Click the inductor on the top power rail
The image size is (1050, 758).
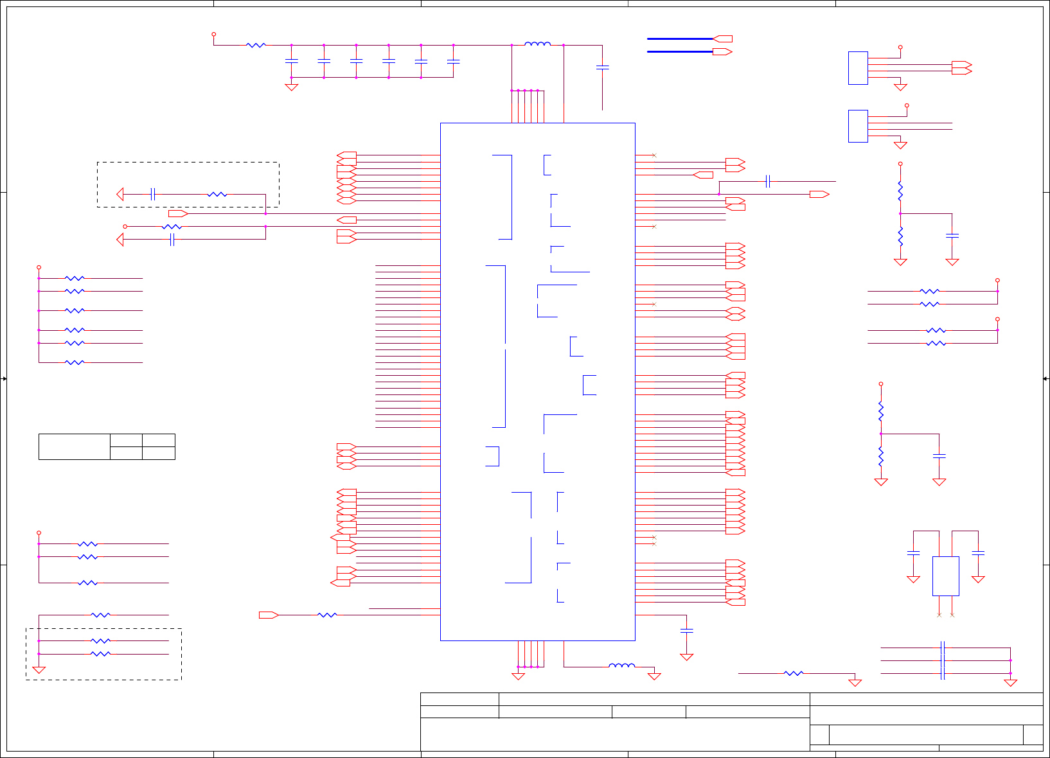(537, 44)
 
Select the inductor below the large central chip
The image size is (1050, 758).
(621, 666)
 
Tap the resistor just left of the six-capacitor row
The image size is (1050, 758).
(256, 45)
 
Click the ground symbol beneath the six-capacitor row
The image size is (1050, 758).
(292, 87)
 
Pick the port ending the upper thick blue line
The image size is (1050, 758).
(723, 39)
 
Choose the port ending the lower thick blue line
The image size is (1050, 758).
(723, 51)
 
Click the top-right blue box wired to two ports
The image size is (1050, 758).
(858, 68)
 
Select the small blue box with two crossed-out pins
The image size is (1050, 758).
(945, 576)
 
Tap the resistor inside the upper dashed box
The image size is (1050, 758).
(217, 194)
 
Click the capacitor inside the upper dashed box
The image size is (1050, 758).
(152, 194)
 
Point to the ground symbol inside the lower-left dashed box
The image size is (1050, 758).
(39, 670)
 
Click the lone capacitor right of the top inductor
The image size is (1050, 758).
(602, 67)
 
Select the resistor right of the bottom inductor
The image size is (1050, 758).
(794, 673)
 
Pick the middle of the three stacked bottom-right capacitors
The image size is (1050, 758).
(943, 660)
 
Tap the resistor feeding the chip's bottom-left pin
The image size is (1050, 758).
(327, 615)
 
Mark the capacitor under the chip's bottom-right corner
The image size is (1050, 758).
(686, 631)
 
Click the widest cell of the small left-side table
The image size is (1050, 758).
(74, 446)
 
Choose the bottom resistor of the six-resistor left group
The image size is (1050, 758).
(75, 362)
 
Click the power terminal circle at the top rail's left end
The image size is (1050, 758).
(214, 34)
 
